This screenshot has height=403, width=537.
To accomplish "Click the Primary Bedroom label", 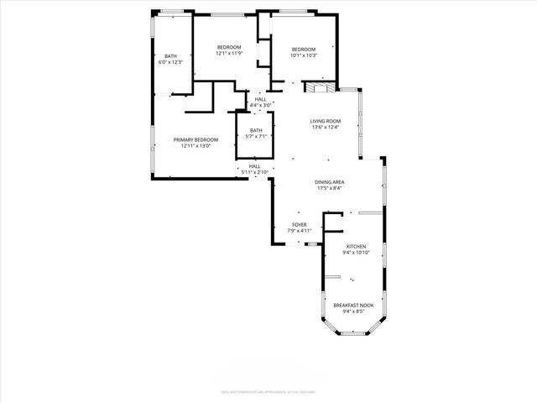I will click(196, 139).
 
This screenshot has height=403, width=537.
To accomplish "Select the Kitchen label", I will click(356, 247).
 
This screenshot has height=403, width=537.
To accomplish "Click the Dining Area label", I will click(330, 182).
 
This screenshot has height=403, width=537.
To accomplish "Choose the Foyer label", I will click(299, 225).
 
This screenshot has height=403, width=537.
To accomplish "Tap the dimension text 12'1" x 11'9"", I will click(229, 54).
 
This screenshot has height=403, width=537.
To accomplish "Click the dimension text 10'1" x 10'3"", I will click(303, 55).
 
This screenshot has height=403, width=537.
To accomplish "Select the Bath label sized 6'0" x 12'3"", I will click(170, 55).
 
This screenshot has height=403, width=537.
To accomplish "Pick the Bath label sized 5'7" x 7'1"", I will click(256, 130).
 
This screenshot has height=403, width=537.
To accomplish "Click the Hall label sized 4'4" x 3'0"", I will click(260, 98).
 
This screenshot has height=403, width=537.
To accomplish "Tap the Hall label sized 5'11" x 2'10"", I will click(255, 166).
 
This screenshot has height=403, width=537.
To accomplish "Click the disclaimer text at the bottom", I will click(268, 390).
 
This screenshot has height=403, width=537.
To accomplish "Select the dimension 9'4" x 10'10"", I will click(356, 253).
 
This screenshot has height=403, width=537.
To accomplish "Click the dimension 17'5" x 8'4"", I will click(330, 188).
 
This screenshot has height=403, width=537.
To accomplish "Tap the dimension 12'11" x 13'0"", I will click(196, 146).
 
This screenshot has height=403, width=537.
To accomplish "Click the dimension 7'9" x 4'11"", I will click(299, 231).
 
